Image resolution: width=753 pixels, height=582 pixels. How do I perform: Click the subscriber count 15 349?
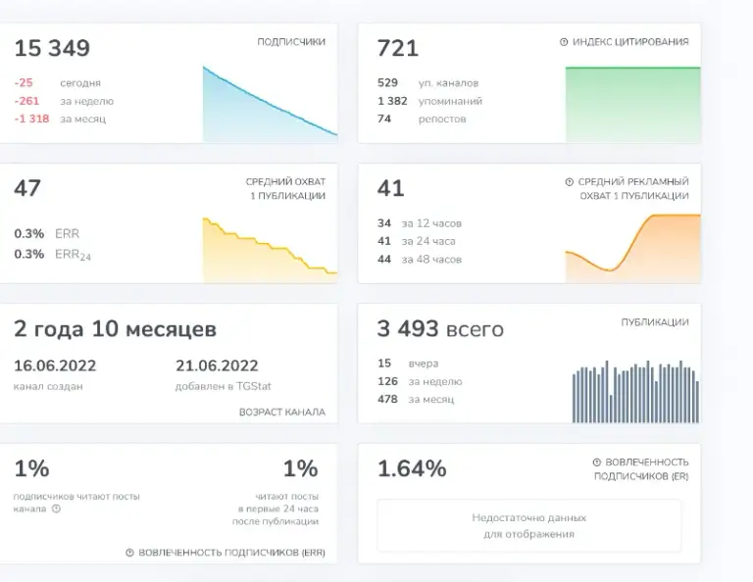[x=52, y=48]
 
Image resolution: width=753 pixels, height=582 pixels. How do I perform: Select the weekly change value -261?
[x=26, y=101]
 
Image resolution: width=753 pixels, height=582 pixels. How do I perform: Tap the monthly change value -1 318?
[x=31, y=119]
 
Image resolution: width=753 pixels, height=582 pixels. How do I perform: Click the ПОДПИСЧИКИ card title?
[x=291, y=42]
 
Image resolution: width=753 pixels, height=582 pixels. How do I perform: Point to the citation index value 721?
[x=398, y=48]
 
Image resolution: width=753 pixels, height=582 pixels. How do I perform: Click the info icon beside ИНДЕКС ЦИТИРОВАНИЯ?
[x=564, y=42]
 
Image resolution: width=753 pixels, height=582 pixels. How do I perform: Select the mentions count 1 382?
[x=392, y=101]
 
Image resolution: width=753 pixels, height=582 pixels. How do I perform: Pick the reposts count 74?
[x=384, y=119]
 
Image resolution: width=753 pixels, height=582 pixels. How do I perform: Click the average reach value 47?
[x=27, y=188]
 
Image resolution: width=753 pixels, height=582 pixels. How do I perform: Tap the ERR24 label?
[x=73, y=255]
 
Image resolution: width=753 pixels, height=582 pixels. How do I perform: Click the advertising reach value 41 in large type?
[x=390, y=188]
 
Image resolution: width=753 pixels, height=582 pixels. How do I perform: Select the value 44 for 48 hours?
[x=384, y=259]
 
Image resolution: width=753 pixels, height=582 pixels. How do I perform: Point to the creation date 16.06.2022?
[x=55, y=365]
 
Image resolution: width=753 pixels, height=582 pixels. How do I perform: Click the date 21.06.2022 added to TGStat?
[x=217, y=365]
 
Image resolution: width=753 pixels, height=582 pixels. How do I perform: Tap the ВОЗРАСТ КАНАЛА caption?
[x=282, y=412]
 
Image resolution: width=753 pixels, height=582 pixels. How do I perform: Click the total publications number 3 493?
[x=408, y=329]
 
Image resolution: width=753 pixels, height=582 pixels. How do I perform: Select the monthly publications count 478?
[x=387, y=399]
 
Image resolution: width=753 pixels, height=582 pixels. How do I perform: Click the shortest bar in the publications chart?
[x=611, y=409]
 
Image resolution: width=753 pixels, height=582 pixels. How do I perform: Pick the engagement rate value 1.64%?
[x=412, y=468]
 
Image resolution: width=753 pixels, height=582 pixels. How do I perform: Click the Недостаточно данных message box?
[x=528, y=526]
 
